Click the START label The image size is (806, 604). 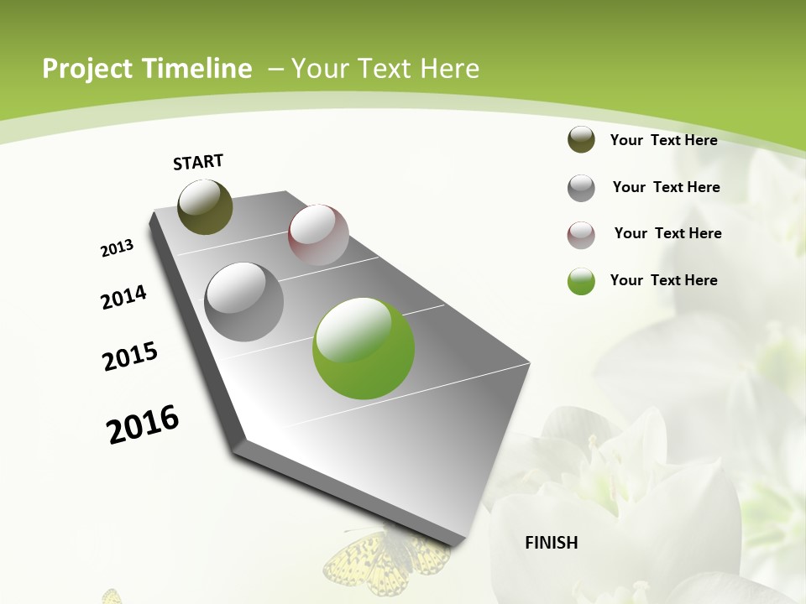198,162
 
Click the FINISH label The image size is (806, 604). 551,543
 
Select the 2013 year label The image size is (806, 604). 117,248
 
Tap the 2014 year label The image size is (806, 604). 123,297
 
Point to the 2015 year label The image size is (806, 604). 130,357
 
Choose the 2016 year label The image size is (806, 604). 143,424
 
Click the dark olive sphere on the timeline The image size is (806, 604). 205,206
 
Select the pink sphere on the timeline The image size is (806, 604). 318,235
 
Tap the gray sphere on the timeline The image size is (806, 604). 244,301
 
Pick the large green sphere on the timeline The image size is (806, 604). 364,348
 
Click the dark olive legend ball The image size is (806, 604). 581,140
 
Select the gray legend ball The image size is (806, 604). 581,188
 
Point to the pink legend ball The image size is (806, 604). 581,235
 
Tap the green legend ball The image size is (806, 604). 581,281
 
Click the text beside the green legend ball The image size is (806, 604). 663,280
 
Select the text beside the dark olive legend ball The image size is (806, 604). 663,140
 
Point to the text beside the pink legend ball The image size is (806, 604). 667,233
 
